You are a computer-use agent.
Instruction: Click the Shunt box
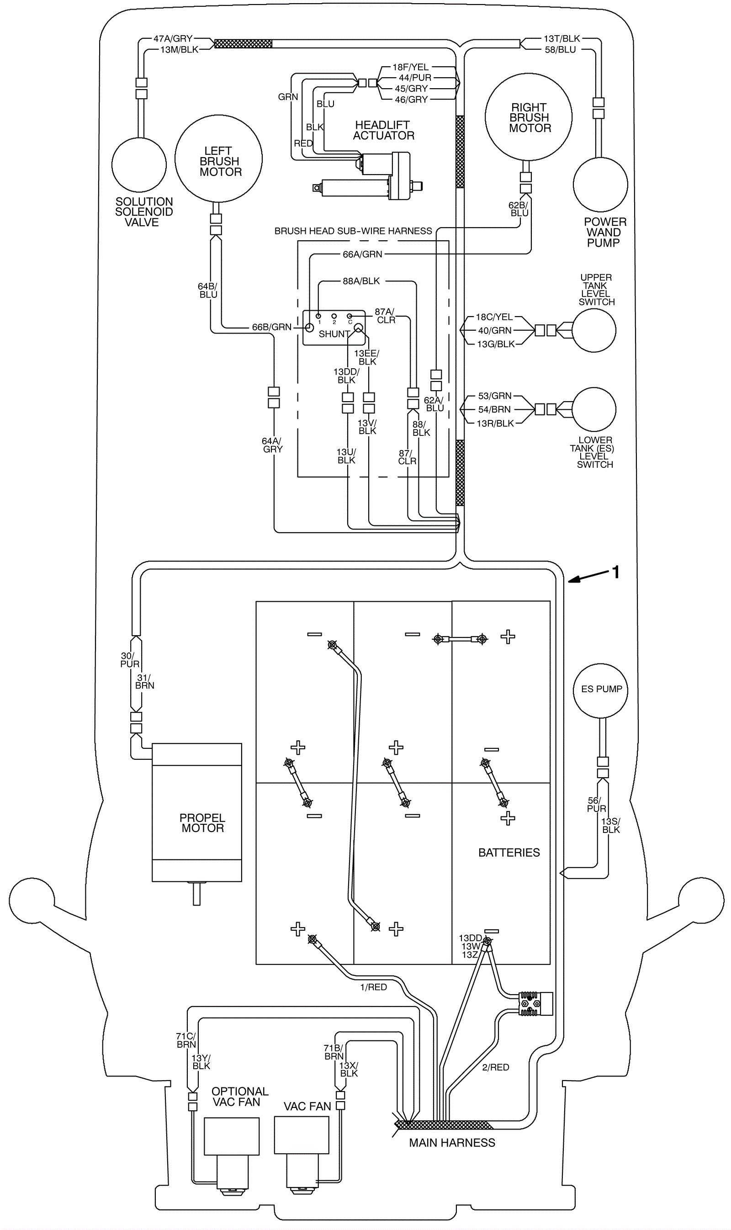pos(334,328)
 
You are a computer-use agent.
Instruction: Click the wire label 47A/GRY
pos(173,38)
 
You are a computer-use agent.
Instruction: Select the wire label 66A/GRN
pos(363,254)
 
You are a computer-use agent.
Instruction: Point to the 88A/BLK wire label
pos(361,281)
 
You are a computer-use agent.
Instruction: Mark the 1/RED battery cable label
pos(373,997)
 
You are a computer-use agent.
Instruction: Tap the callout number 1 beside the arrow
pos(615,572)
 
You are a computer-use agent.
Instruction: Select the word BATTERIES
pos(509,852)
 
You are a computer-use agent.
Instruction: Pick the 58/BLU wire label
pos(560,49)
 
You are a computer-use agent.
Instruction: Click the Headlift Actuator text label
pos(383,130)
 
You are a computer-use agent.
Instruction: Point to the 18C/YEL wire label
pos(494,317)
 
